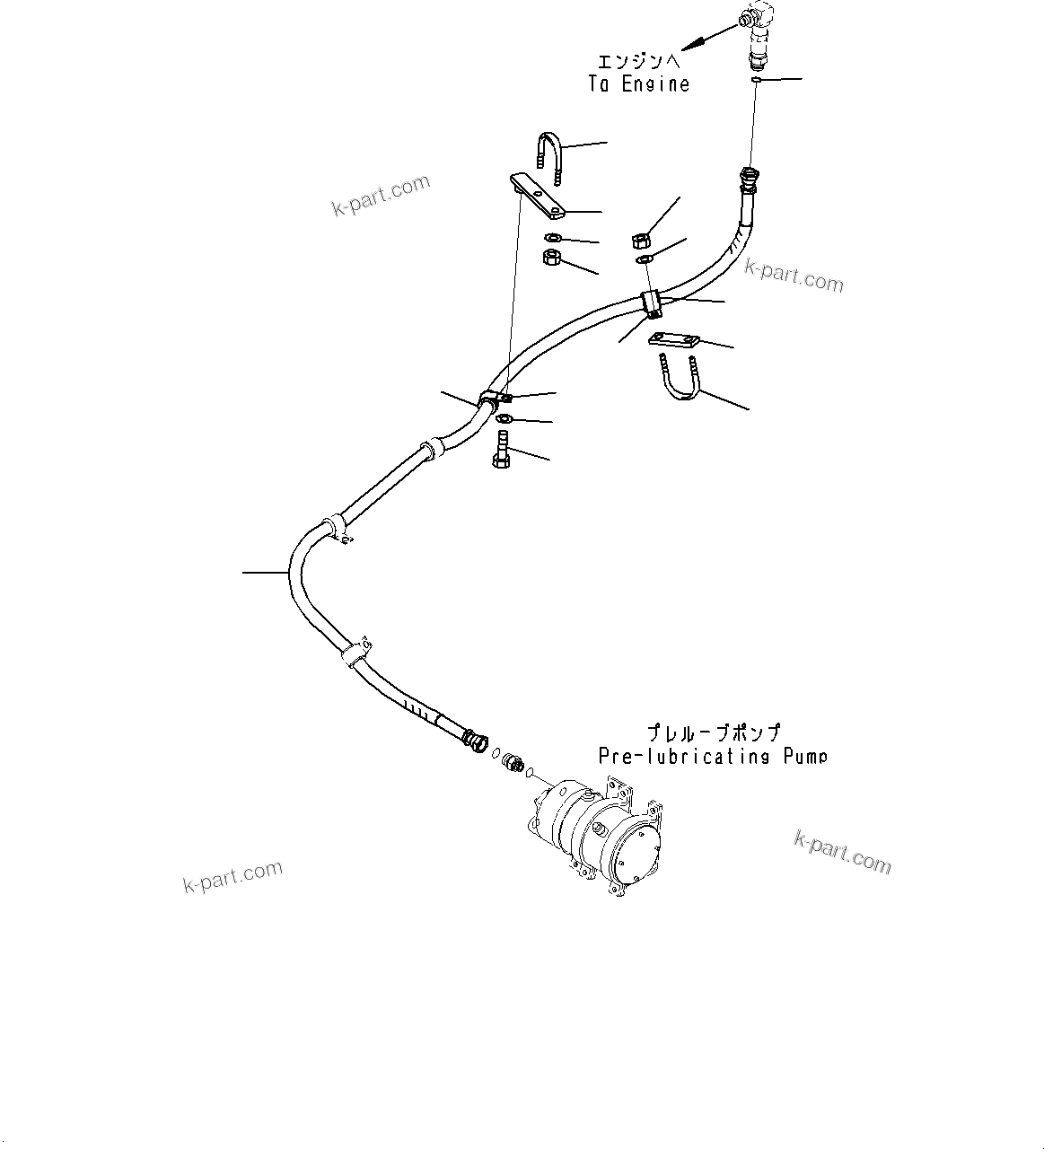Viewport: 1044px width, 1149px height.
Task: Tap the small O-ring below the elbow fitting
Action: click(x=757, y=81)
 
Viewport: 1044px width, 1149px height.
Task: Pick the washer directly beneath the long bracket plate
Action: click(x=553, y=238)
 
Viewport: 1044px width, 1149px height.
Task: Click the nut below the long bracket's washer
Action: click(x=553, y=259)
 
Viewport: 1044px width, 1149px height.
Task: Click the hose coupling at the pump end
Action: click(x=471, y=741)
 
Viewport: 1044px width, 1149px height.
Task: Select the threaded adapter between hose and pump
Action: click(x=513, y=762)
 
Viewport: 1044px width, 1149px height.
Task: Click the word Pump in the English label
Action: click(x=803, y=756)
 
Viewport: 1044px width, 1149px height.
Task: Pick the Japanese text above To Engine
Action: click(x=639, y=62)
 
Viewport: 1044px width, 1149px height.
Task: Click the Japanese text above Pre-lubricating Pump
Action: click(x=714, y=733)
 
